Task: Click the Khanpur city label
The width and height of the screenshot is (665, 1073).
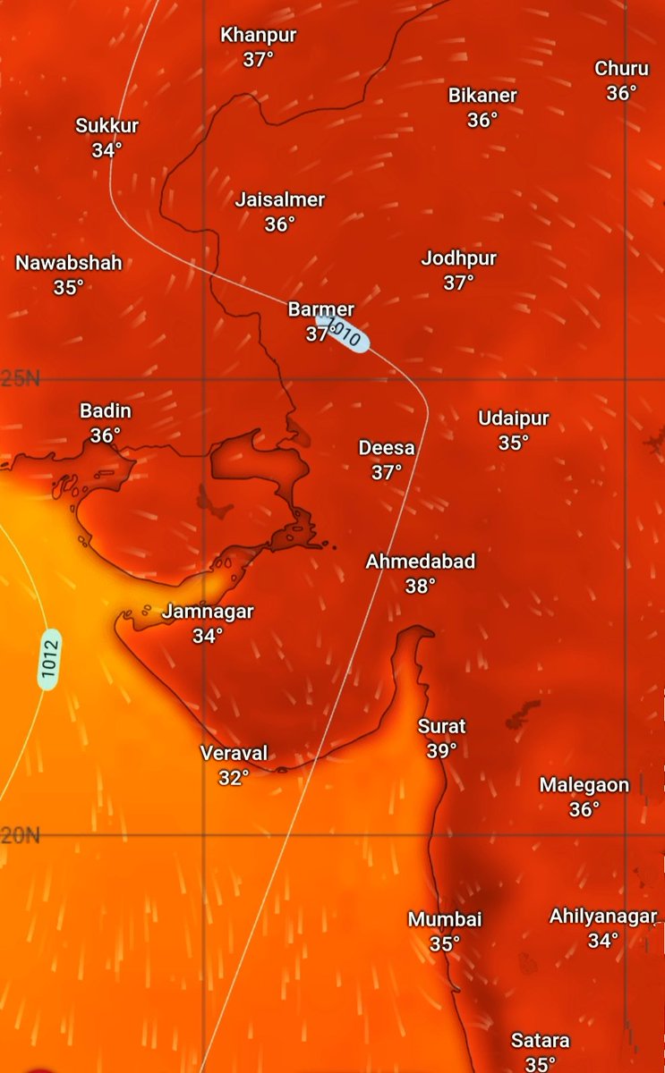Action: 259,36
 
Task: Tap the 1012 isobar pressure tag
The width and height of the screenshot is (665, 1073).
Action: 49,659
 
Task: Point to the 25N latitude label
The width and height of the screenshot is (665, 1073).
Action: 20,378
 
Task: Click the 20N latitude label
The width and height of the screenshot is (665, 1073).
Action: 20,836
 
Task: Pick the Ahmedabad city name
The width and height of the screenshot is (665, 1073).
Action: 420,562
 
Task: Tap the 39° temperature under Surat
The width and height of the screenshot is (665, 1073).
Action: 441,751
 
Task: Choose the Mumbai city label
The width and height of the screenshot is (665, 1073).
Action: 445,919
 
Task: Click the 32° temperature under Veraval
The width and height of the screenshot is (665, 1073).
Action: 233,778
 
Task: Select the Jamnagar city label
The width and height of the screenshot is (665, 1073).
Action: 208,612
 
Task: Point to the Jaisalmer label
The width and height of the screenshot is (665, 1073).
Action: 279,199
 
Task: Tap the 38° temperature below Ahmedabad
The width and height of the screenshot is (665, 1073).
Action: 420,587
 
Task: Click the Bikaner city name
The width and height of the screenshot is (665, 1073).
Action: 482,95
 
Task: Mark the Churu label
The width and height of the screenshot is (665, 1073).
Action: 621,68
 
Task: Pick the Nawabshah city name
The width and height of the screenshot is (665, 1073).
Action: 69,263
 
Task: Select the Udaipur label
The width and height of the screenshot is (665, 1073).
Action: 513,418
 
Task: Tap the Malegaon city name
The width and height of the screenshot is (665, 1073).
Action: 584,785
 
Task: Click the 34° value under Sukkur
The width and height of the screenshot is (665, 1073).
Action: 107,150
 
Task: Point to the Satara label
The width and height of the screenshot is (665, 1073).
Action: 540,1041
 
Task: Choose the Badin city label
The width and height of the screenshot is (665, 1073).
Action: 106,411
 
